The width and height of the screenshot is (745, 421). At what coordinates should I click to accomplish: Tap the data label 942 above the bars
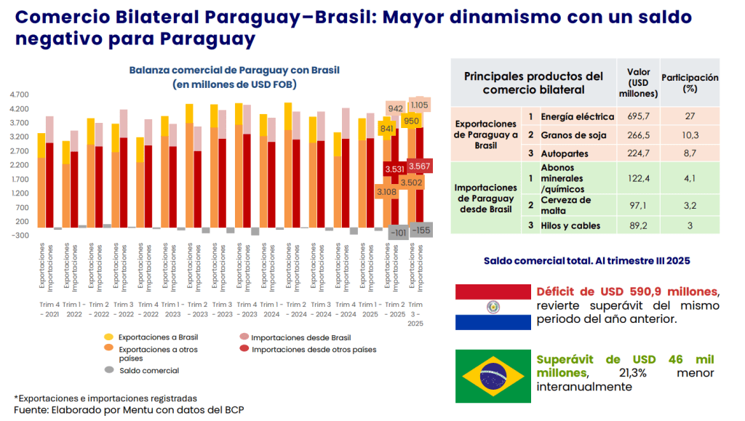[396, 108]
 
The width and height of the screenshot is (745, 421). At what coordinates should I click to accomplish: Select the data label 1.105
[419, 105]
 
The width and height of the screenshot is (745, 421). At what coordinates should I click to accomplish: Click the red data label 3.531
[394, 169]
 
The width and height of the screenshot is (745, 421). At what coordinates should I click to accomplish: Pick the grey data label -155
[420, 230]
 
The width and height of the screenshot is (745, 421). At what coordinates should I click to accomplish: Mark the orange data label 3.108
[386, 191]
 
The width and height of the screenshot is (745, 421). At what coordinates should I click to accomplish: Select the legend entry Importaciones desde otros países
[314, 350]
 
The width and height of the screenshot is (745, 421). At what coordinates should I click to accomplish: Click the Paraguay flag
[493, 307]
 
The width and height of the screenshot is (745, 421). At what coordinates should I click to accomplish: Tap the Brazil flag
[493, 374]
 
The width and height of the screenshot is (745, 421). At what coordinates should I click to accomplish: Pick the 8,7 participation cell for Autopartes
[690, 154]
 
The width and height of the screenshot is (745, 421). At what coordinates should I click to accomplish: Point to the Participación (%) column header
[690, 83]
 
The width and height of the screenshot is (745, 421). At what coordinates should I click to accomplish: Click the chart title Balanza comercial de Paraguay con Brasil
[234, 71]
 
